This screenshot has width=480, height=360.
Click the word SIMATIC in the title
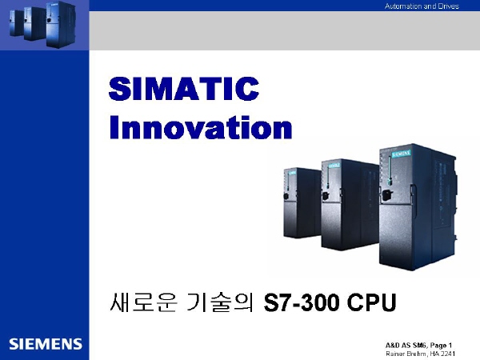pyautogui.click(x=184, y=89)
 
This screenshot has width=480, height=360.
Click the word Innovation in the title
pyautogui.click(x=201, y=127)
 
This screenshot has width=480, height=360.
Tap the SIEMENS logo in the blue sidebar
pyautogui.click(x=46, y=344)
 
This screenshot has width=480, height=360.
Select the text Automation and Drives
pyautogui.click(x=422, y=6)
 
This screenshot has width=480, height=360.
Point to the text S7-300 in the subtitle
pyautogui.click(x=302, y=302)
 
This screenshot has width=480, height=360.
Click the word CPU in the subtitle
pyautogui.click(x=372, y=302)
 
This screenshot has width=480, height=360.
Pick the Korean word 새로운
pyautogui.click(x=143, y=302)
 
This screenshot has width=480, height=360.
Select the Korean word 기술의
pyautogui.click(x=220, y=302)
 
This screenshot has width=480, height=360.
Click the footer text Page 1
pyautogui.click(x=441, y=346)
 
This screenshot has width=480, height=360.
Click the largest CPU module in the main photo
pyautogui.click(x=418, y=208)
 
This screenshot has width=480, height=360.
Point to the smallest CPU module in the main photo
pyautogui.click(x=302, y=202)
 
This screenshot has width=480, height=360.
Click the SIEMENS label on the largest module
pyautogui.click(x=401, y=153)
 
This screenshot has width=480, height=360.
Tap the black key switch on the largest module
pyautogui.click(x=387, y=194)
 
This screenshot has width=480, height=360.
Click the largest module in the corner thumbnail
pyautogui.click(x=60, y=25)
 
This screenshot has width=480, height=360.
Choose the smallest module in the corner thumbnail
pyautogui.click(x=16, y=23)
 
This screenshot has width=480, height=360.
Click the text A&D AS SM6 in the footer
pyautogui.click(x=406, y=346)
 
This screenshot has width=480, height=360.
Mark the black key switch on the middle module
pyautogui.click(x=326, y=195)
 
